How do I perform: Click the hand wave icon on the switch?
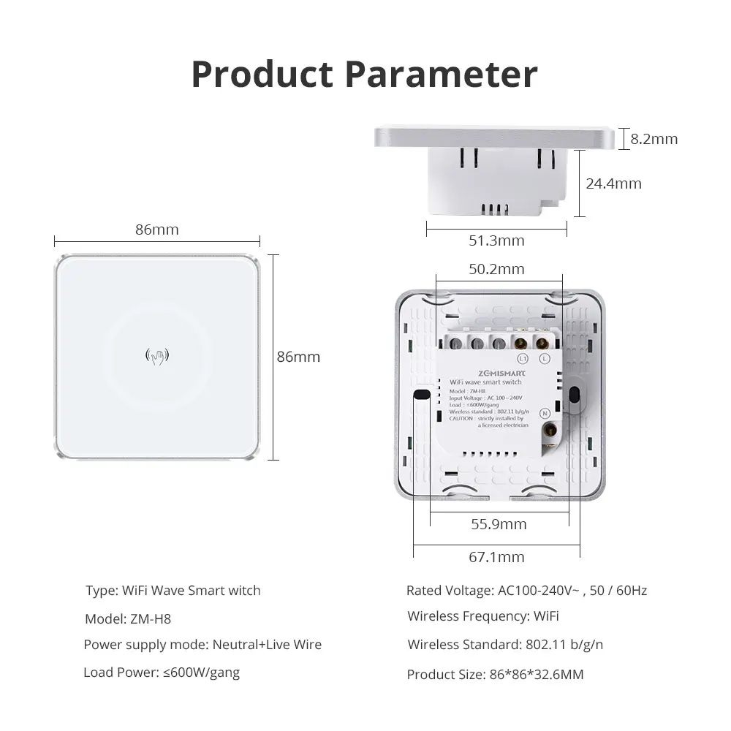[157, 357]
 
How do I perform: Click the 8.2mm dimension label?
[654, 139]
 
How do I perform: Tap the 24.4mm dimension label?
[613, 183]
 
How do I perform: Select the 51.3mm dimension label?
[496, 240]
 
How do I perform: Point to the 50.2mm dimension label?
[496, 269]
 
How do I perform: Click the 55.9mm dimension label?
[499, 524]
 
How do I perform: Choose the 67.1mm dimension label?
[496, 557]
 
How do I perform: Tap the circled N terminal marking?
[545, 414]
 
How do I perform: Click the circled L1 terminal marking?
[522, 359]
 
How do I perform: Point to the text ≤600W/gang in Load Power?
[200, 673]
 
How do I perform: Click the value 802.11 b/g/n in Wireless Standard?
[564, 645]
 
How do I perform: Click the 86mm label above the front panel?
[156, 230]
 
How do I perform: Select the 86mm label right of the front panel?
[298, 357]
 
